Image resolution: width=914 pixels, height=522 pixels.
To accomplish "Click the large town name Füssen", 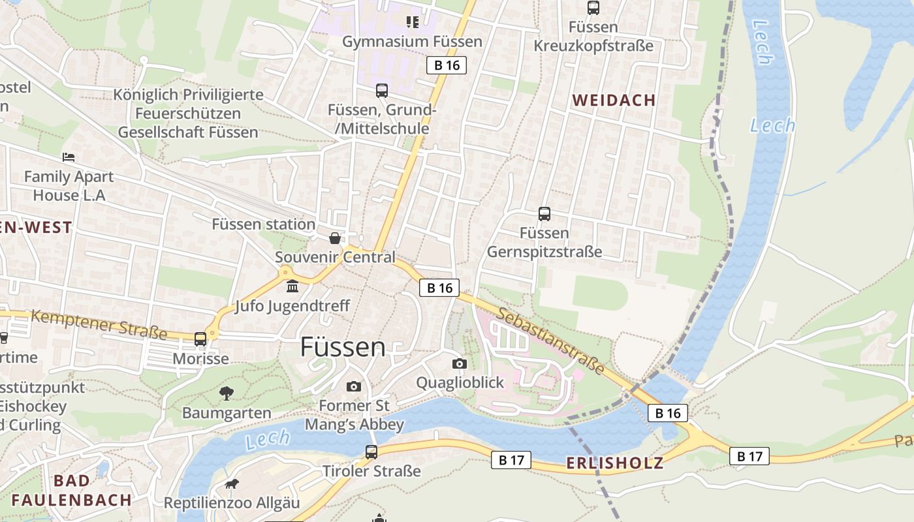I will (x=343, y=347).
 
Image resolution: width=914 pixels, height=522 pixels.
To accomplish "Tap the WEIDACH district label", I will (x=614, y=100).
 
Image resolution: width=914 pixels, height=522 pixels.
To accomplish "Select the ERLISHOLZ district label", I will (x=614, y=463).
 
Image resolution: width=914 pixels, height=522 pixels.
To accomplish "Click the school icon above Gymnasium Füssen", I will (x=412, y=23).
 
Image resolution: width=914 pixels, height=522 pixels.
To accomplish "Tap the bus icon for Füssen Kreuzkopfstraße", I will (x=593, y=8).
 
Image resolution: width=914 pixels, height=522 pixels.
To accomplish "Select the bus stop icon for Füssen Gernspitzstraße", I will (x=544, y=213).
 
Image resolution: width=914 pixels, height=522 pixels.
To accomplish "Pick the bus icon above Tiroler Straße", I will (x=371, y=452).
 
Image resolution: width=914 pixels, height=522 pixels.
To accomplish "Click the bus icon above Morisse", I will (x=200, y=339).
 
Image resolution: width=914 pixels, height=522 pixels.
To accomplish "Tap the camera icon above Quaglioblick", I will (x=460, y=363).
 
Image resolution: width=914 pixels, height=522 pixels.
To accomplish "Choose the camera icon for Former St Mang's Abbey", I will (x=354, y=386).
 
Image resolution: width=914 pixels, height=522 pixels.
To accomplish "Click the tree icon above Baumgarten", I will (x=226, y=393).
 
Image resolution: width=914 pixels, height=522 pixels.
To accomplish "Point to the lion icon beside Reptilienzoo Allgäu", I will (x=231, y=484).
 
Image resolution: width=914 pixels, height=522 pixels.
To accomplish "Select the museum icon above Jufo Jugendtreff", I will (x=292, y=286).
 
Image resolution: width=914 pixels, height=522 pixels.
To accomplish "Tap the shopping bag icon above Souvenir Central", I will (x=334, y=238).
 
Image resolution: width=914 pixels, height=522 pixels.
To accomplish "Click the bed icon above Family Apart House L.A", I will (x=69, y=157).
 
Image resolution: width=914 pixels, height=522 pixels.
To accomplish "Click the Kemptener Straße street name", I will (x=99, y=324).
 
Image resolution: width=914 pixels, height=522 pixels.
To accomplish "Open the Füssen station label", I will (x=263, y=224).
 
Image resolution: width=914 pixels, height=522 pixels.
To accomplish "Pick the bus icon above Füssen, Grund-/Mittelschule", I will (x=381, y=91).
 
